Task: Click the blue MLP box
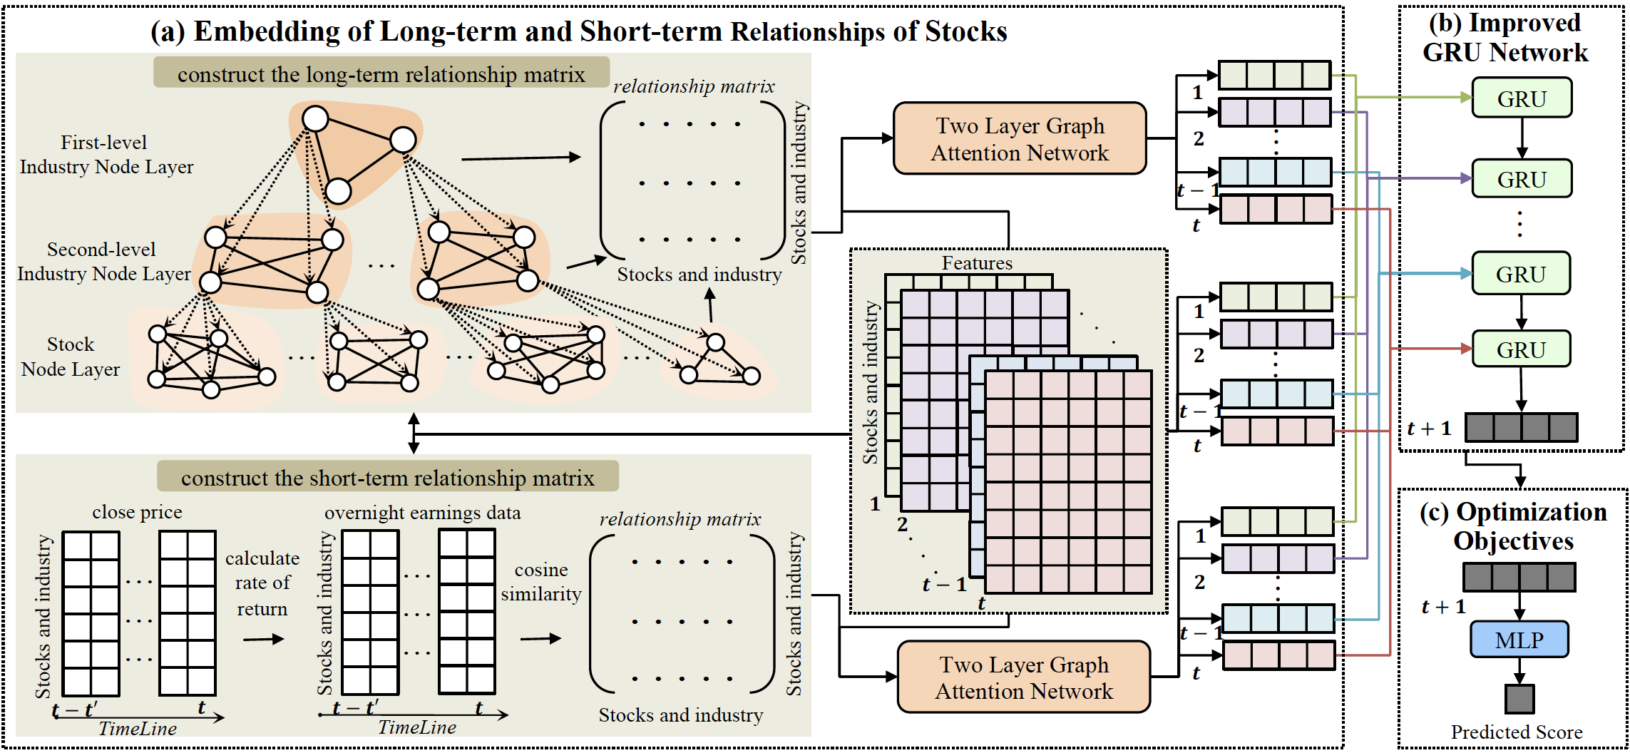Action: tap(1519, 640)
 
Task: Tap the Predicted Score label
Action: tap(1516, 732)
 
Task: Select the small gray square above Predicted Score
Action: tap(1519, 699)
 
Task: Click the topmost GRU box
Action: tap(1522, 98)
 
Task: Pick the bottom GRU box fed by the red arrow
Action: tap(1521, 349)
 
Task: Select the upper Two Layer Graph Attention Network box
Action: tap(1020, 139)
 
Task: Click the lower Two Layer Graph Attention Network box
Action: tap(1024, 677)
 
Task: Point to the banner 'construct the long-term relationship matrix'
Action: tap(381, 74)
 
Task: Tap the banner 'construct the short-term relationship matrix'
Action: tap(387, 478)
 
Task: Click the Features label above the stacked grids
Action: tap(977, 263)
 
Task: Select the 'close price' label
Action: tap(137, 512)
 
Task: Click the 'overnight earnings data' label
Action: tap(422, 513)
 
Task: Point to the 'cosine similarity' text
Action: tap(541, 582)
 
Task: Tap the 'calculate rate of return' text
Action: tap(262, 583)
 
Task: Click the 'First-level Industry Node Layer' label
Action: tap(106, 155)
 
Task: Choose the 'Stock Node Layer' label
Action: tap(71, 357)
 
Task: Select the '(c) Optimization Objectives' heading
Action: tap(1513, 526)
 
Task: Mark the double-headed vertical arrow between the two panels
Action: tap(414, 433)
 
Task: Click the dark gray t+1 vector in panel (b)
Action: tap(1521, 428)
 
